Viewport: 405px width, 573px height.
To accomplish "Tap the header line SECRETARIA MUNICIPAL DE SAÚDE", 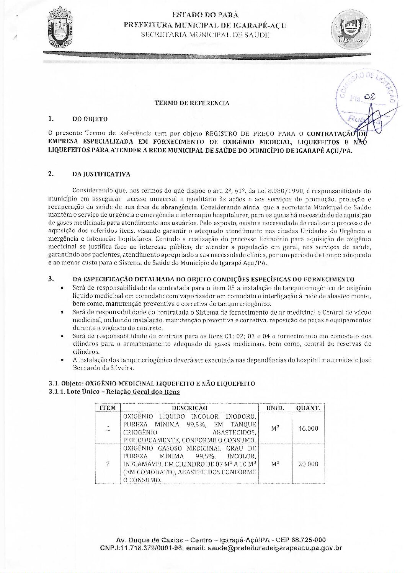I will [205, 35].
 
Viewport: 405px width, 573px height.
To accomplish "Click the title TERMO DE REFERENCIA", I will [192, 103].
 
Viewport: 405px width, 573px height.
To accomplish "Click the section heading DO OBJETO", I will [90, 119].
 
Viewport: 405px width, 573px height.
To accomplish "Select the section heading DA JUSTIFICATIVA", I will [101, 174].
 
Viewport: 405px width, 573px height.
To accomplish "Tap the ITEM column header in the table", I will [108, 408].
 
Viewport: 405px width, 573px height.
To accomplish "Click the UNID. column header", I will [275, 408].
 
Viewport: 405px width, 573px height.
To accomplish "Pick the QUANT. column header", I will [308, 408].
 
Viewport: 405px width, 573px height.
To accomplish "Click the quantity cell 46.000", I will [308, 428].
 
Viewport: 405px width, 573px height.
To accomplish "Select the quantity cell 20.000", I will [308, 464].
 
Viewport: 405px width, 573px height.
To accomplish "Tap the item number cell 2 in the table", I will [108, 464].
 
